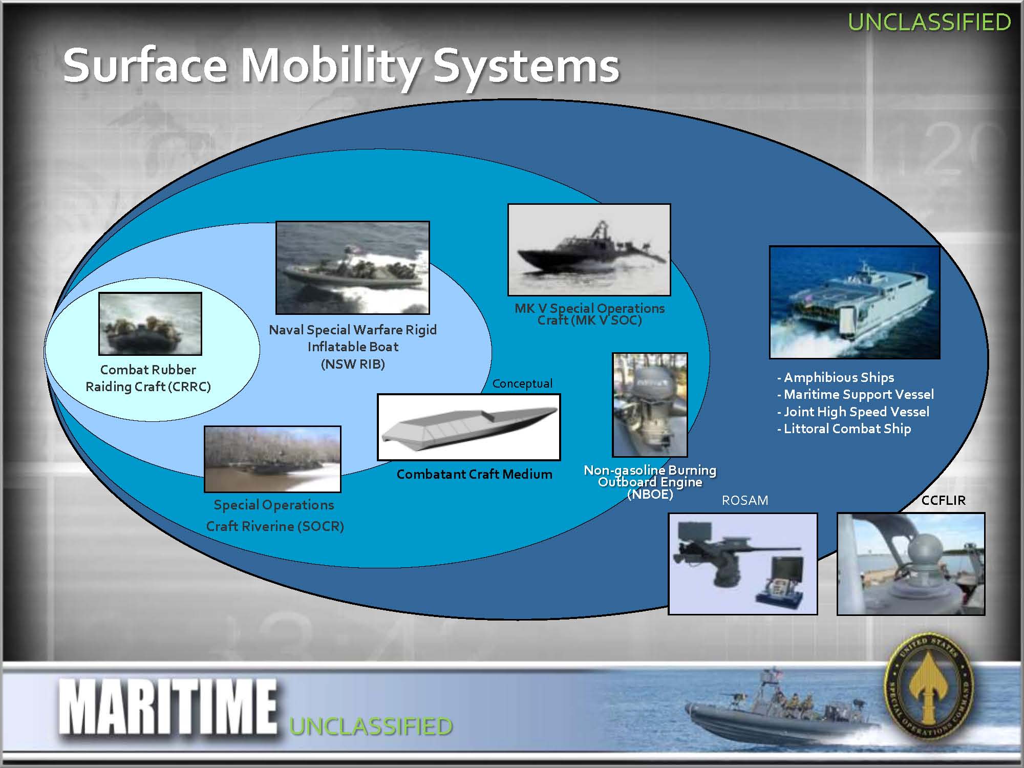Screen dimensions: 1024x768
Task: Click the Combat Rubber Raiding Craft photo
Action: pyautogui.click(x=150, y=324)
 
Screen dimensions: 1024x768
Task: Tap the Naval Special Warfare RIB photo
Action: pyautogui.click(x=352, y=267)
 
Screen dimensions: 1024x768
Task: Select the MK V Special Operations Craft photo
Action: pyautogui.click(x=589, y=249)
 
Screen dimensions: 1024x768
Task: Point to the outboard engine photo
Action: pyautogui.click(x=650, y=404)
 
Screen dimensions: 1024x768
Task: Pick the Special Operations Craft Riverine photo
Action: pyautogui.click(x=272, y=459)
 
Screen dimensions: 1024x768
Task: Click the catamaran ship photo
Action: pyautogui.click(x=855, y=302)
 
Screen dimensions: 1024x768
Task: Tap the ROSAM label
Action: pyautogui.click(x=745, y=500)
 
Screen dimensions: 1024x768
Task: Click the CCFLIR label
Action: pyautogui.click(x=943, y=500)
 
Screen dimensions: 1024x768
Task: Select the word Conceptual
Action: pyautogui.click(x=522, y=383)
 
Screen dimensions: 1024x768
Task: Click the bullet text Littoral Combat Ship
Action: pyautogui.click(x=844, y=429)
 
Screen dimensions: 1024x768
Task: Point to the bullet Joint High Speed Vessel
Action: pyautogui.click(x=853, y=412)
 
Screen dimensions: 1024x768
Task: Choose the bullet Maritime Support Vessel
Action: pyautogui.click(x=856, y=394)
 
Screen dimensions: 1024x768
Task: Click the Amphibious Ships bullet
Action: pyautogui.click(x=836, y=377)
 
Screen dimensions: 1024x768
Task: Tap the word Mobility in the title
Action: pyautogui.click(x=330, y=67)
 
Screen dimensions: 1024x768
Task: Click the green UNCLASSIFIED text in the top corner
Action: pyautogui.click(x=929, y=22)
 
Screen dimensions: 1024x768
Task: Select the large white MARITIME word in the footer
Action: pyautogui.click(x=168, y=707)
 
